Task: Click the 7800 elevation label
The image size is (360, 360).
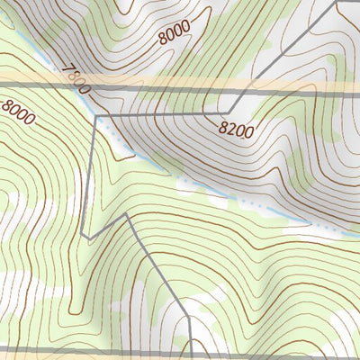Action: (77, 79)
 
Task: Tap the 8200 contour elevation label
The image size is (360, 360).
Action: (236, 129)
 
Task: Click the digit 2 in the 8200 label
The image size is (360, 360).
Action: (231, 128)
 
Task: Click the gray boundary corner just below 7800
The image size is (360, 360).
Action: (94, 116)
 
